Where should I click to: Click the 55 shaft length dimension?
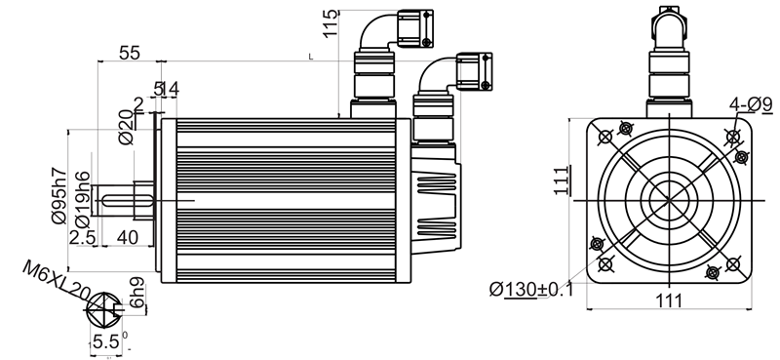pyautogui.click(x=130, y=53)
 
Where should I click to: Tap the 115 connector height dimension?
pyautogui.click(x=330, y=23)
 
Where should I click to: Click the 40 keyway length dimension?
pyautogui.click(x=127, y=237)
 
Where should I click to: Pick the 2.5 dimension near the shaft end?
pyautogui.click(x=83, y=237)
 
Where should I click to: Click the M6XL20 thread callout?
pyautogui.click(x=55, y=281)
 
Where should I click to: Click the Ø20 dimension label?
pyautogui.click(x=127, y=128)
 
